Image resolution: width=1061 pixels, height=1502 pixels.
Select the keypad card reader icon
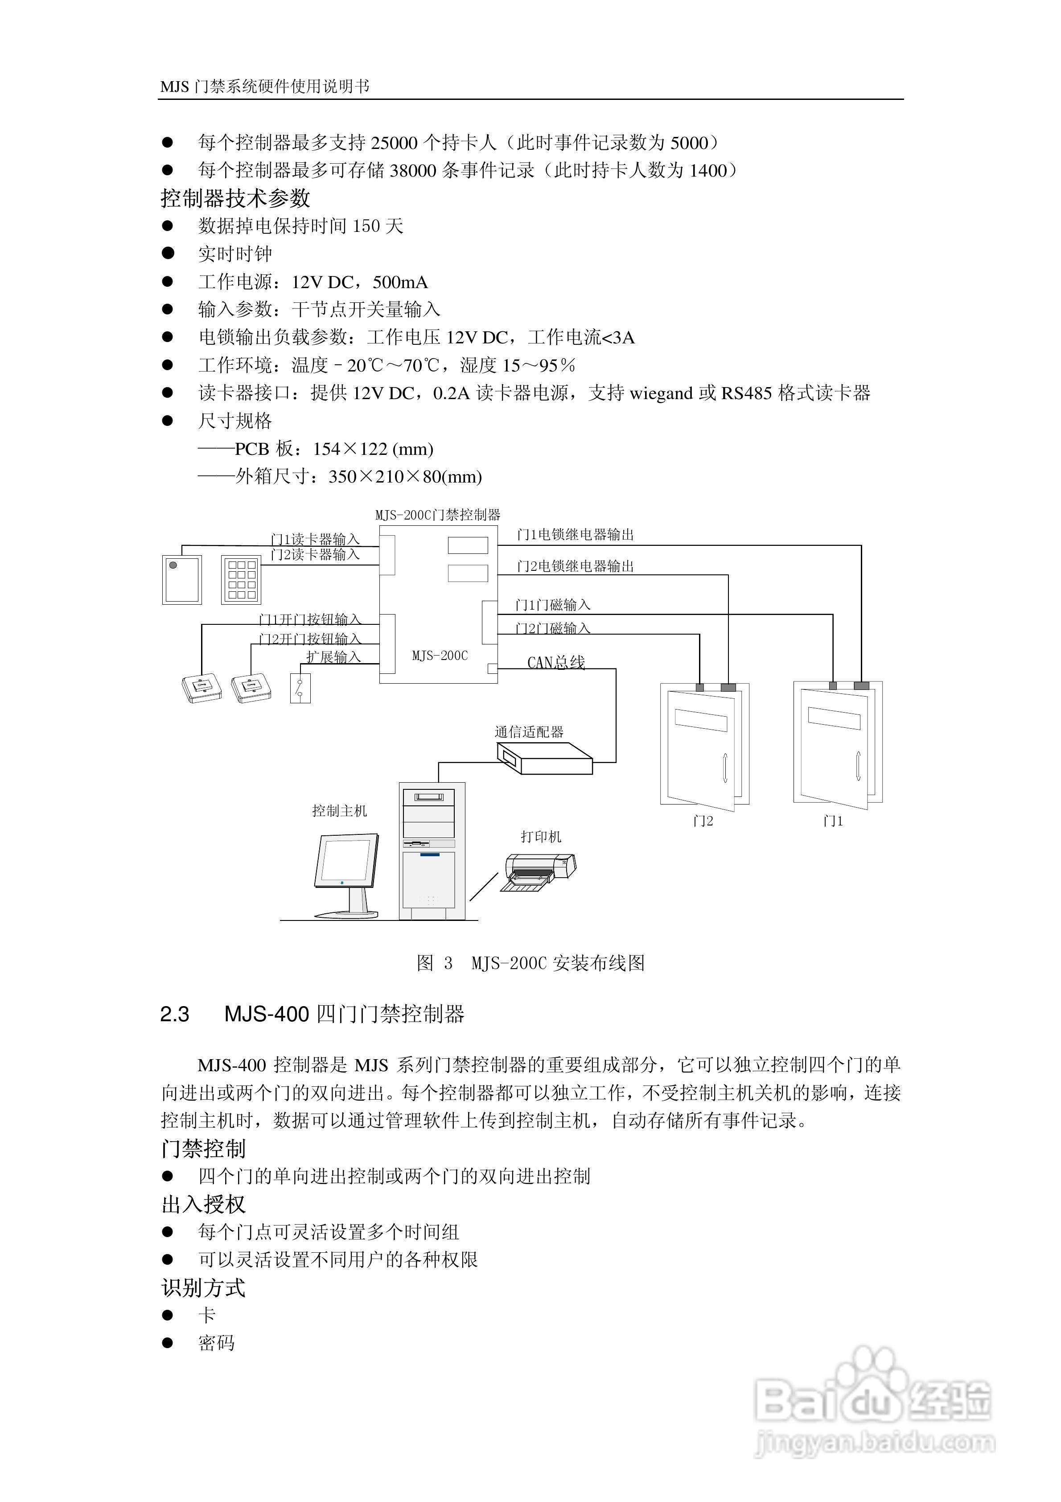(x=241, y=580)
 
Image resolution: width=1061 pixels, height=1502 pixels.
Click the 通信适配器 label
(x=529, y=732)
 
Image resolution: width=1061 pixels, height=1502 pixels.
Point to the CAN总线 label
(x=556, y=662)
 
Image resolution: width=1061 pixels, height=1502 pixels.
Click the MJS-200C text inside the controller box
(x=440, y=656)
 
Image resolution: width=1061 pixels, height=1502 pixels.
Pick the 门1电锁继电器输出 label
(x=575, y=534)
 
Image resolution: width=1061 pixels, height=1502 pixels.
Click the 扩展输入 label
(x=333, y=657)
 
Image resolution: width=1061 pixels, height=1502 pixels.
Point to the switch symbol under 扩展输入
(x=300, y=688)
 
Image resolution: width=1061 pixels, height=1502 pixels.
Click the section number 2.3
(x=175, y=1015)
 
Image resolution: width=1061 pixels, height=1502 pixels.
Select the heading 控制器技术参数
(x=235, y=198)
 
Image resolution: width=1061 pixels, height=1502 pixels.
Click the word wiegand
(x=660, y=393)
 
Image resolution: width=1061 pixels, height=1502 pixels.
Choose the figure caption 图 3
(x=434, y=963)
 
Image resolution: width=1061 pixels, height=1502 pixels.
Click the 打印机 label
(x=541, y=837)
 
